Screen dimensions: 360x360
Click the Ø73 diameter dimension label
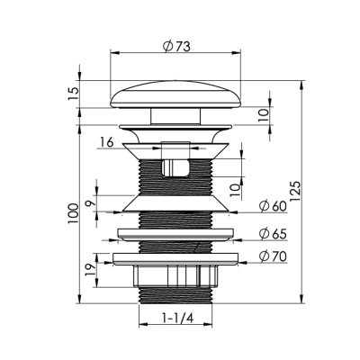tap(176, 46)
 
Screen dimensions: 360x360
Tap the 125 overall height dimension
tap(295, 192)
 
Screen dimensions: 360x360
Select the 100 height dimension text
tap(73, 213)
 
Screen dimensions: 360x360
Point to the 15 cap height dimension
tap(75, 94)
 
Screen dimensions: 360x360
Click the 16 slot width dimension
tap(107, 142)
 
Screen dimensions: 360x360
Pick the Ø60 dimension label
tap(274, 206)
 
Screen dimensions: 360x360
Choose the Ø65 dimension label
tap(274, 234)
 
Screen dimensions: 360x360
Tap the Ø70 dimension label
tap(274, 256)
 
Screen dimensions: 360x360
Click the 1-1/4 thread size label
tap(177, 318)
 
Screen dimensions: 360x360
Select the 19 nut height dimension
tap(91, 270)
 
